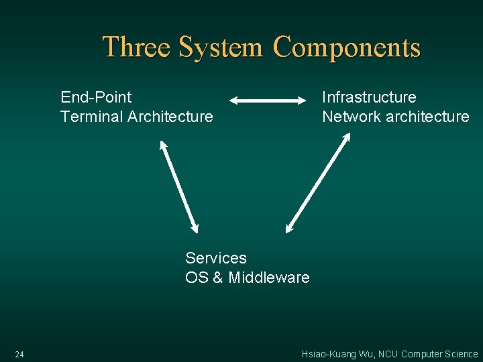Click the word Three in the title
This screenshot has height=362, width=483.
pos(138,48)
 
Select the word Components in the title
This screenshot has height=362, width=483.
pos(347,48)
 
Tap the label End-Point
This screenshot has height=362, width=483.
pos(96,97)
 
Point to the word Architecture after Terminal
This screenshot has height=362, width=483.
pos(170,117)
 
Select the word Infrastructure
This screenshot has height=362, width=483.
pos(369,97)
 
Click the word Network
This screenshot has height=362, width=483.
pos(352,117)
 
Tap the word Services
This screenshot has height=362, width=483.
pos(216,258)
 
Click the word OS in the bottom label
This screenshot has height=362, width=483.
pos(197,278)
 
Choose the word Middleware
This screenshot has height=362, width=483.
pos(269,278)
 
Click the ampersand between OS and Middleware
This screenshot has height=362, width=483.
pos(218,278)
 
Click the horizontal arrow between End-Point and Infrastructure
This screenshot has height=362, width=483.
pos(268,101)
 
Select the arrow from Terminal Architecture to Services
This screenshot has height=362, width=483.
pos(179,186)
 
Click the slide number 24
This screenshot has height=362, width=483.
pos(19,354)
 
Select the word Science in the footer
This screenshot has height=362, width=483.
pos(462,354)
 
